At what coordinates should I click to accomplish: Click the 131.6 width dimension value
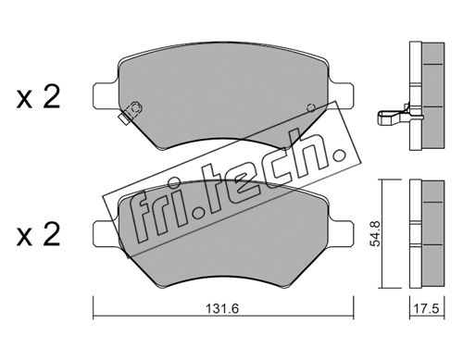click(222, 308)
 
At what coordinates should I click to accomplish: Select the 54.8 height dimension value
click(376, 233)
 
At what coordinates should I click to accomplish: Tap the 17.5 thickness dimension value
click(427, 309)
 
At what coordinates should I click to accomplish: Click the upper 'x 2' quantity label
click(38, 98)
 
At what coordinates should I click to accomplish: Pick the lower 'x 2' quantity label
click(38, 236)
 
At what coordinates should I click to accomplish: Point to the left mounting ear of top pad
click(105, 95)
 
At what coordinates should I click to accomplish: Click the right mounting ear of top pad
click(342, 95)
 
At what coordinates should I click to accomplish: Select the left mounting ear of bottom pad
click(105, 233)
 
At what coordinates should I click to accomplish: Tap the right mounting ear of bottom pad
click(342, 233)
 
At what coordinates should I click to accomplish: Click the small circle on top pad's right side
click(311, 108)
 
